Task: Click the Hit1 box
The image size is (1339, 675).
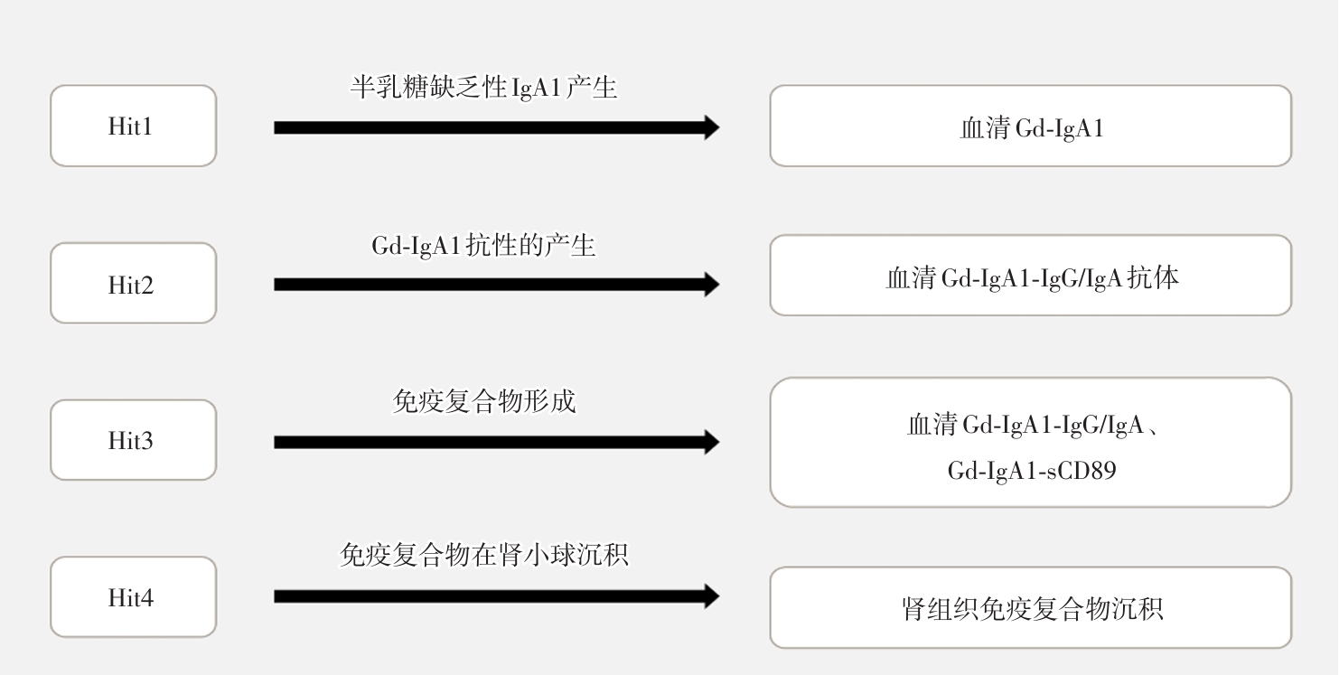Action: click(x=133, y=126)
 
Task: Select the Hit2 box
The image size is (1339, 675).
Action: click(x=133, y=284)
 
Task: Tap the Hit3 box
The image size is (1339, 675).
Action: click(x=133, y=440)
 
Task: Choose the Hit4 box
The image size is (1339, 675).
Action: click(x=133, y=597)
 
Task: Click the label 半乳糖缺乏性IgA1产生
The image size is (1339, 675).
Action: click(x=483, y=89)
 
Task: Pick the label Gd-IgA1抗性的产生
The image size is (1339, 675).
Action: click(x=483, y=245)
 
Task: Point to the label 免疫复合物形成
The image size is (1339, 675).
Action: click(x=484, y=400)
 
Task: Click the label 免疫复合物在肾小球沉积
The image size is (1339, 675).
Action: click(x=483, y=555)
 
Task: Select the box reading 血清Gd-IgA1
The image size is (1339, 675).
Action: click(x=1030, y=127)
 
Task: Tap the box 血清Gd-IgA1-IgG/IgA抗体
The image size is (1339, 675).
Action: click(x=1030, y=276)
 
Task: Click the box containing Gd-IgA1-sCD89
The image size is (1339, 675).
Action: click(x=1030, y=442)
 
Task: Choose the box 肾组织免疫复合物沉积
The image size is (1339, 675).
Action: click(x=1030, y=607)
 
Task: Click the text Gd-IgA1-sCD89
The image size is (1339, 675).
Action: click(x=1031, y=471)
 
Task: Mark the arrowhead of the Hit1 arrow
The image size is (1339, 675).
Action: click(x=709, y=127)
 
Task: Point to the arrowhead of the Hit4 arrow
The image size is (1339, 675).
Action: click(x=709, y=596)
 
